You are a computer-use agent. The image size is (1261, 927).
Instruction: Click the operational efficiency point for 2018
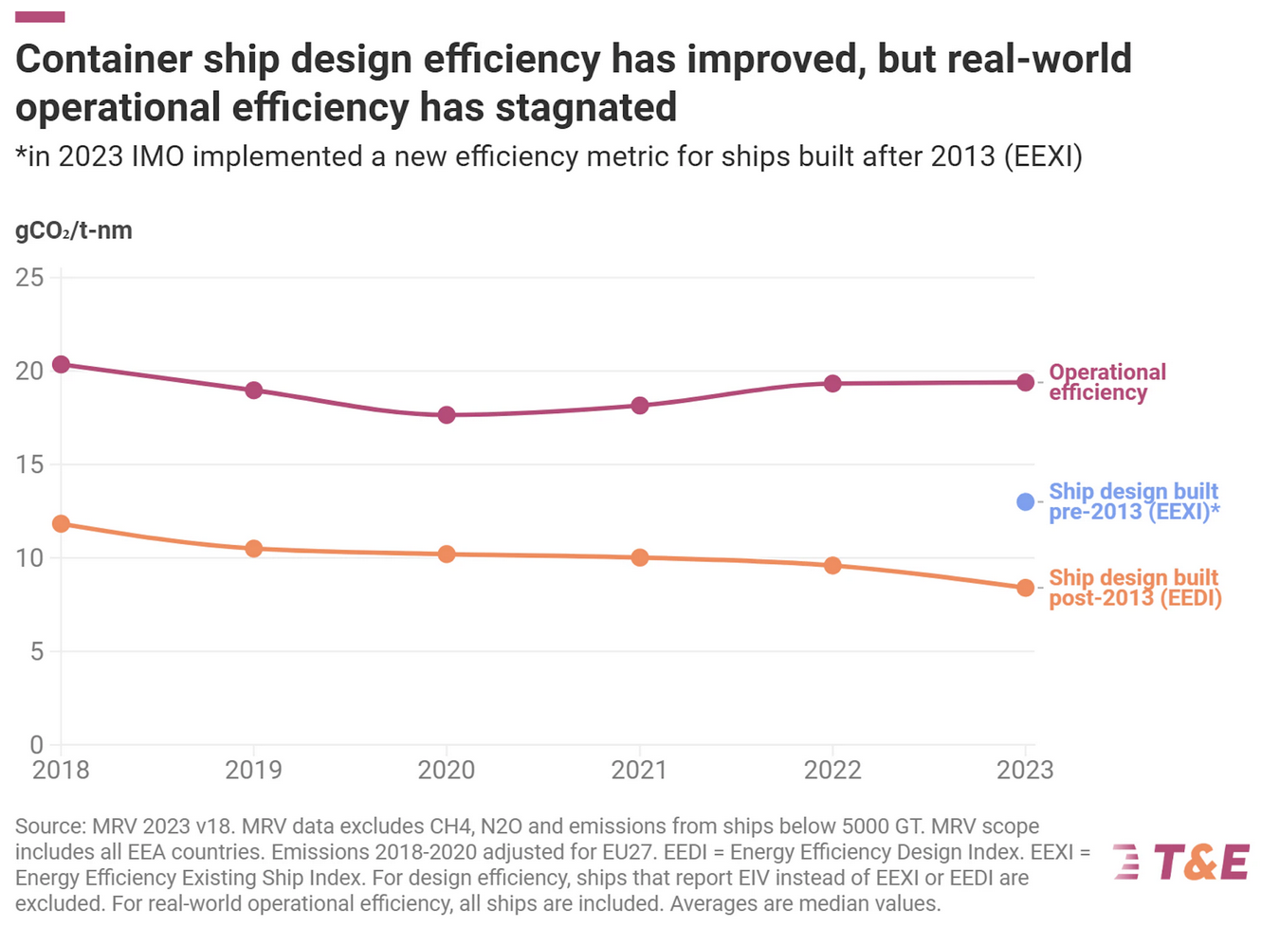click(x=61, y=365)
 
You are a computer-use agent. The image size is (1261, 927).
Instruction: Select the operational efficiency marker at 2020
click(x=447, y=415)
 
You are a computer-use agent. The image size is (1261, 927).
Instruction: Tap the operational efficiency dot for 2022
click(x=832, y=384)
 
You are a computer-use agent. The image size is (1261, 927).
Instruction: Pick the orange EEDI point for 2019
click(x=253, y=549)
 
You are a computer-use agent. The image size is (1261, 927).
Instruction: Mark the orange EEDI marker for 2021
click(x=640, y=558)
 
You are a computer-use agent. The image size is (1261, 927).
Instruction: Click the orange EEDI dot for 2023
click(x=1025, y=589)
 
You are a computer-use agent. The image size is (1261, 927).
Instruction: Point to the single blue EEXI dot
click(x=1025, y=502)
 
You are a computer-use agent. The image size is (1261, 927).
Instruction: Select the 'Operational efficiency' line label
click(x=1106, y=382)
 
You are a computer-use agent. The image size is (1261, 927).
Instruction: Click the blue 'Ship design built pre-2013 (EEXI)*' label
click(x=1133, y=501)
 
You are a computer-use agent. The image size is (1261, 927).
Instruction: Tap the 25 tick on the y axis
click(x=30, y=278)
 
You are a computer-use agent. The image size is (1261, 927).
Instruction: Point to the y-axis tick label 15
click(x=30, y=464)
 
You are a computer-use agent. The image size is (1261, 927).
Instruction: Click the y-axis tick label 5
click(x=36, y=651)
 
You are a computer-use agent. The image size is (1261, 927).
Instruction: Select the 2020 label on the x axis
click(x=447, y=770)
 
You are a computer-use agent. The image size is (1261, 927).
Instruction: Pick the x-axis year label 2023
click(x=1025, y=770)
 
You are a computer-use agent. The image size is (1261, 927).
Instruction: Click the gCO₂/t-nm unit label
click(x=74, y=230)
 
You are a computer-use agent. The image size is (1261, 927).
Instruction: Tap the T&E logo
click(x=1181, y=863)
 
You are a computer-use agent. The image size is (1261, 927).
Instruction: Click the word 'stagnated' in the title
click(x=586, y=107)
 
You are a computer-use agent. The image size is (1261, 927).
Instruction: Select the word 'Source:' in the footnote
click(x=49, y=827)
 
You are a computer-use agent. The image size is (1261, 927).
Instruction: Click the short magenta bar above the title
click(x=40, y=16)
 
